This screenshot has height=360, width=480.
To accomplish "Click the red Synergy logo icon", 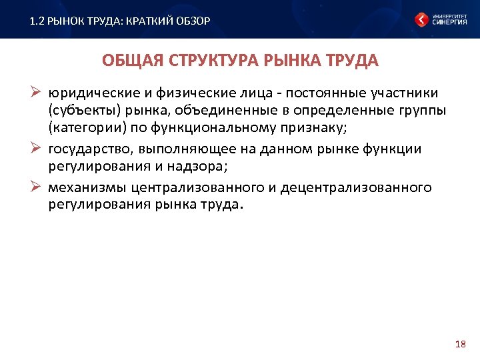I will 422,19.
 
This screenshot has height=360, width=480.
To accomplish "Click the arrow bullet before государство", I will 38,148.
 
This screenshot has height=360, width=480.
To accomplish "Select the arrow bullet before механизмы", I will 38,187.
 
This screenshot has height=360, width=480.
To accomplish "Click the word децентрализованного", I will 356,188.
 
